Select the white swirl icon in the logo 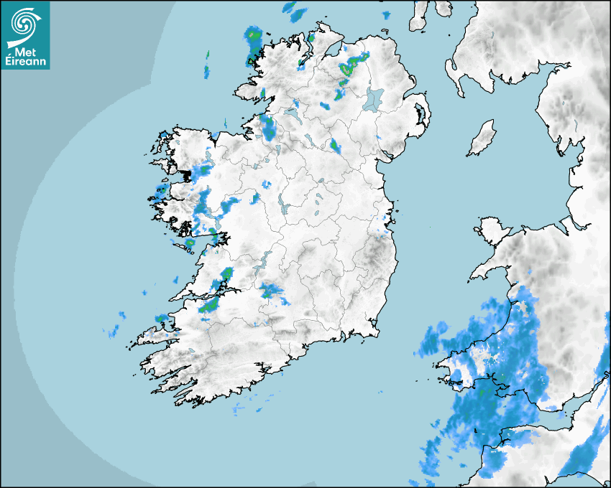(24, 25)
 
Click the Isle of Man (482, 138)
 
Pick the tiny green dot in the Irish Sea (430, 228)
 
